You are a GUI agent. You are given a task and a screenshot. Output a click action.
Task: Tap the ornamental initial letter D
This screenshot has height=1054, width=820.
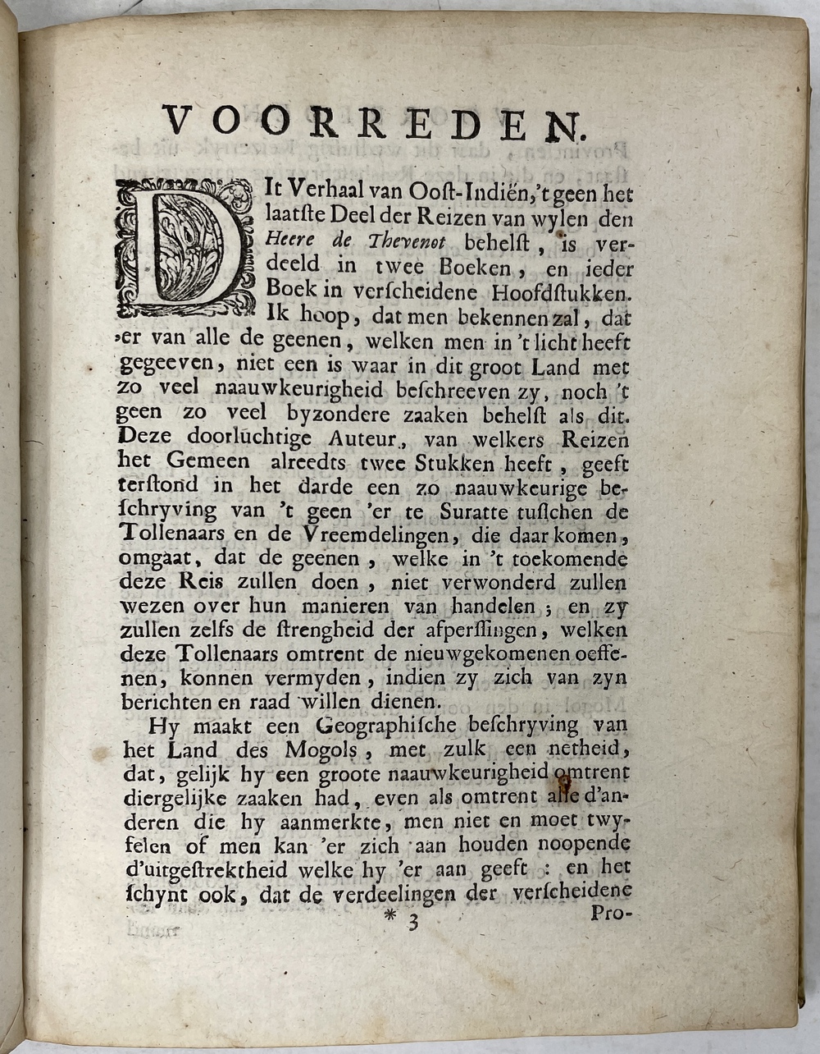[x=185, y=249]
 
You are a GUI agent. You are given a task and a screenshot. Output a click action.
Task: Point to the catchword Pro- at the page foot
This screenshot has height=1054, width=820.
[x=608, y=912]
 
